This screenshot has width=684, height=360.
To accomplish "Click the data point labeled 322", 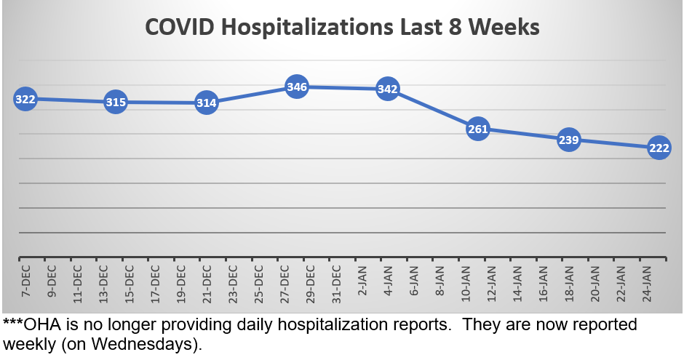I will coord(25,99).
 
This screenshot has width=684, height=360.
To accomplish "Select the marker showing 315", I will coord(116,103).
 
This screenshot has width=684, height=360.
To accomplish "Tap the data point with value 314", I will coord(207,103).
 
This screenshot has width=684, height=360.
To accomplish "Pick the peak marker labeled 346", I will coord(297,87).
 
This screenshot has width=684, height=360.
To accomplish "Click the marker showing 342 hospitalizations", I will coord(387,89).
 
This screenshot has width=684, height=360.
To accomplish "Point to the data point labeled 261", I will coord(477,129).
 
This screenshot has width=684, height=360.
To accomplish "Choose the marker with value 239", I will coord(568,140).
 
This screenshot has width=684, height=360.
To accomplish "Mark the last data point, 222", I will coord(659,148).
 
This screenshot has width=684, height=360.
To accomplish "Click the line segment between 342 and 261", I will coord(432,110).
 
